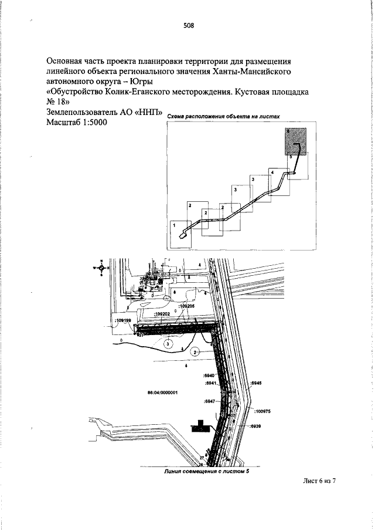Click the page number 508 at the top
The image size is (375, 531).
(187, 25)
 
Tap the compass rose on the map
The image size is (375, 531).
(101, 267)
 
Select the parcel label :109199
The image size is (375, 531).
(123, 321)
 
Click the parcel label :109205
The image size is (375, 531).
(186, 306)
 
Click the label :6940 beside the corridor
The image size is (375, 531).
(209, 374)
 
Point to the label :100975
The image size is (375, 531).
(262, 411)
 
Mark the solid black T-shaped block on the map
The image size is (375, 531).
(200, 425)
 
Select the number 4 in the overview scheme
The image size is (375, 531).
(272, 171)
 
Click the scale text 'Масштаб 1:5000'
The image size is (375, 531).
(76, 123)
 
